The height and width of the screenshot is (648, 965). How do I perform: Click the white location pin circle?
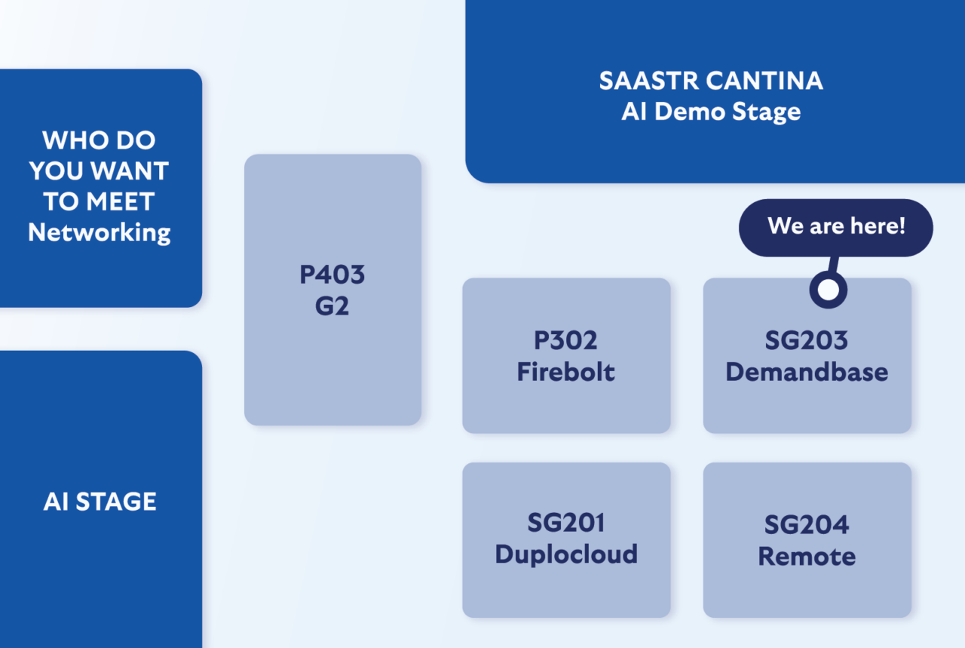(x=828, y=290)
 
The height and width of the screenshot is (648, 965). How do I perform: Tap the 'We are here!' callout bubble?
(x=836, y=228)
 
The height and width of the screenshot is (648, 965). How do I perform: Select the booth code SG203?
(x=807, y=340)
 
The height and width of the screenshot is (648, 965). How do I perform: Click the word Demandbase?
(x=807, y=372)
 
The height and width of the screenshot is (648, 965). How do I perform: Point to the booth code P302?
(x=565, y=340)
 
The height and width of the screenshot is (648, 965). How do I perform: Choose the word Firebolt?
(x=565, y=372)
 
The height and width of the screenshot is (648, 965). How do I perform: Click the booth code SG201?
(x=566, y=523)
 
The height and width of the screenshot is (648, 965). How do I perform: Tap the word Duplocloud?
(x=566, y=554)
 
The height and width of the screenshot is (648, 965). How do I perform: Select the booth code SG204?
(x=807, y=525)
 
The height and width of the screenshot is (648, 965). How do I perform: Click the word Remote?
(x=807, y=556)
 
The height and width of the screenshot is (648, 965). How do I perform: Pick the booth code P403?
(x=332, y=275)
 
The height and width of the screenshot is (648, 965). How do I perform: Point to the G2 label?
(x=332, y=306)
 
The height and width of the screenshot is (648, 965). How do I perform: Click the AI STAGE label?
(x=100, y=502)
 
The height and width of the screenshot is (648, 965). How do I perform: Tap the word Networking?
(x=99, y=233)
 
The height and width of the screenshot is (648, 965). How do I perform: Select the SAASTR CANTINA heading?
(x=711, y=81)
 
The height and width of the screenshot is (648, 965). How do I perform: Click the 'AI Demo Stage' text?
(x=711, y=112)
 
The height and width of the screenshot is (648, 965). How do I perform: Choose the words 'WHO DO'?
(x=99, y=140)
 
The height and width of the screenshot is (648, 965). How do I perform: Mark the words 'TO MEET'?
(x=99, y=201)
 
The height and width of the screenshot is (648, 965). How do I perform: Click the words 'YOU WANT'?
(x=99, y=170)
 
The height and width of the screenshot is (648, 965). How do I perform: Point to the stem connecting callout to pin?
(x=833, y=264)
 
